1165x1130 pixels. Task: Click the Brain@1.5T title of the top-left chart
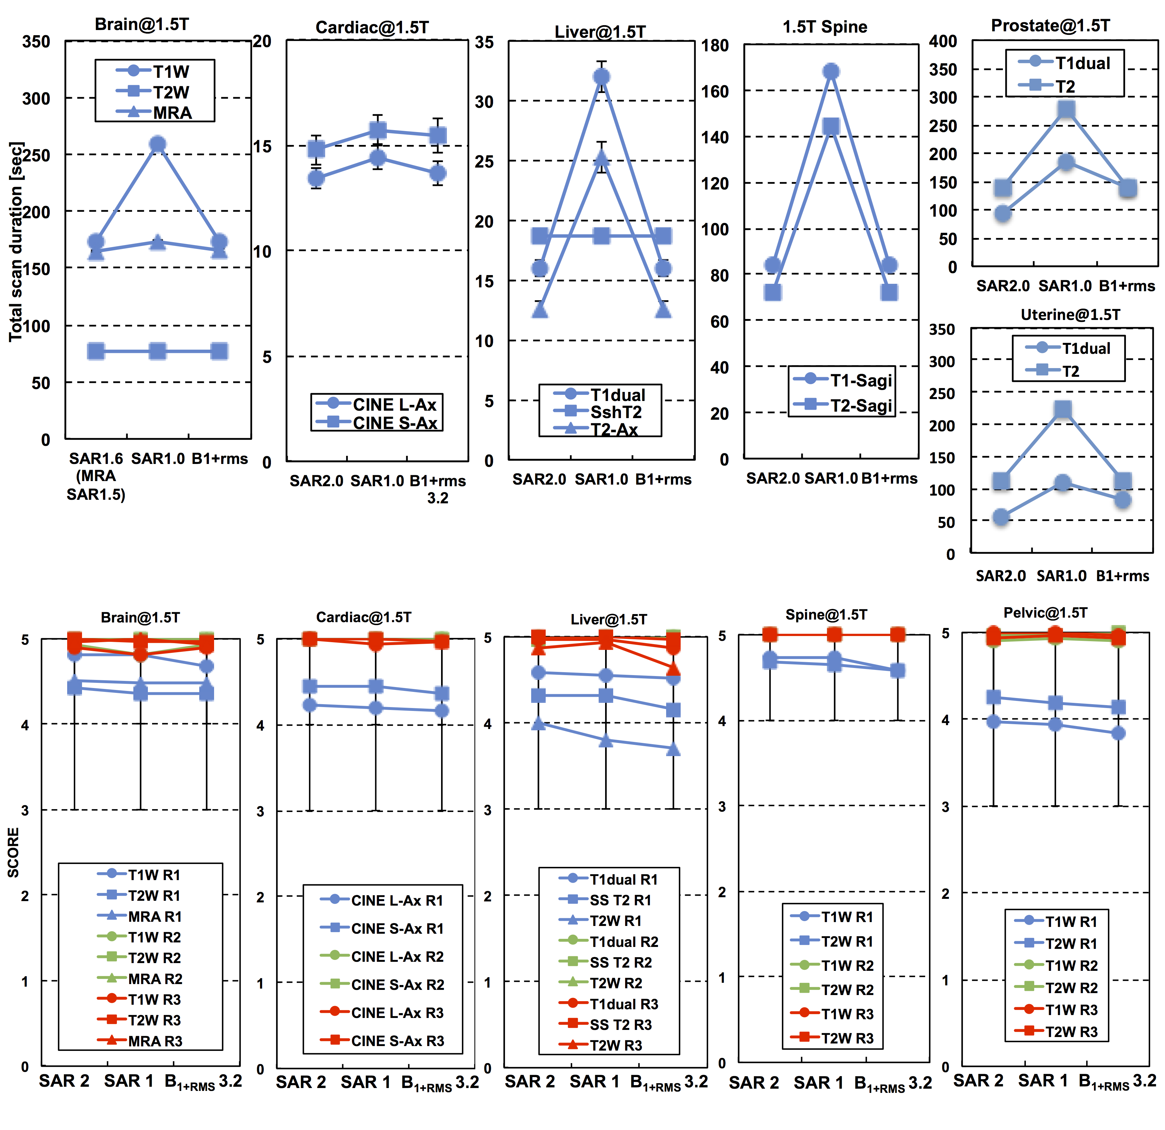(142, 24)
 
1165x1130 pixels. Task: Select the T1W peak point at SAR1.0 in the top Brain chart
(158, 144)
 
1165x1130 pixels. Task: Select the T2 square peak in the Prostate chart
(1066, 109)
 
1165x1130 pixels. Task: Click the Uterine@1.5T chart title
(1070, 314)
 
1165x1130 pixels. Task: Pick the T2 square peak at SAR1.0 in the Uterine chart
(1063, 409)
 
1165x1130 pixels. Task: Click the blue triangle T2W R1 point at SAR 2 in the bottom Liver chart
(539, 724)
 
